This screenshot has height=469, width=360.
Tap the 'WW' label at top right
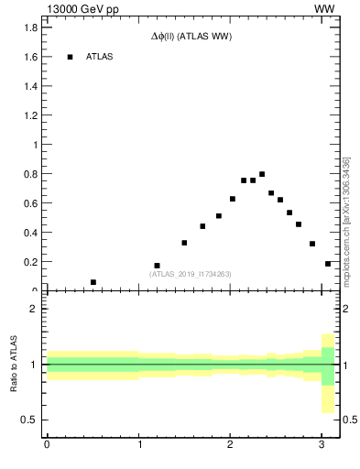tap(323, 8)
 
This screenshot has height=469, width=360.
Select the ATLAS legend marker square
tap(70, 57)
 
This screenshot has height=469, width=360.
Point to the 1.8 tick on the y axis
tap(31, 27)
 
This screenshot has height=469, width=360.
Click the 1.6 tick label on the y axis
tap(31, 57)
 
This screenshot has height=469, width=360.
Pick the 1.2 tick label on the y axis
tap(31, 115)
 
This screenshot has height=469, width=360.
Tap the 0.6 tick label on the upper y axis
tap(31, 203)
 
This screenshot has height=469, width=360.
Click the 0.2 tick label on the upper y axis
tap(31, 262)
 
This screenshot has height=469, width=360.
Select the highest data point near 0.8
tap(262, 174)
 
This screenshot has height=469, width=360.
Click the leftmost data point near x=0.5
tap(93, 282)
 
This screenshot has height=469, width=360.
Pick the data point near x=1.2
tap(157, 266)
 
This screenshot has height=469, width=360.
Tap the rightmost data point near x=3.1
tap(328, 264)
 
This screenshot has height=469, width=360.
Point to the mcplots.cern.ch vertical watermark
tap(346, 220)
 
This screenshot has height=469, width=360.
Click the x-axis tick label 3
tap(322, 446)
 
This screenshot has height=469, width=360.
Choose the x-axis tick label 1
tap(138, 446)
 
